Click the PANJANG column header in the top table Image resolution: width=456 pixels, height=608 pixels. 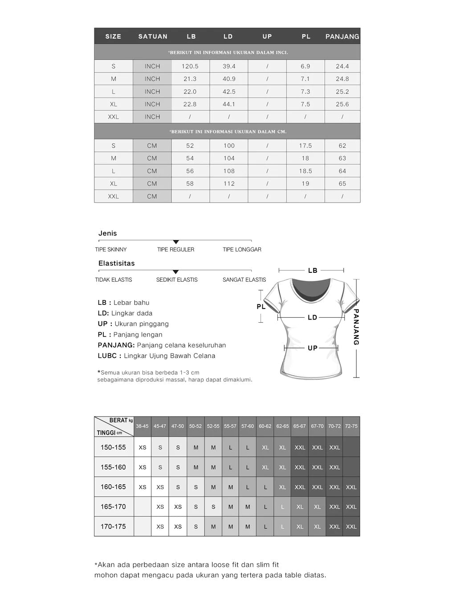(x=342, y=36)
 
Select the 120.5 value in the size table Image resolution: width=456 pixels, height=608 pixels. (x=190, y=66)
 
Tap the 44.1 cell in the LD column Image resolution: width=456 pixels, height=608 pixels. (x=229, y=104)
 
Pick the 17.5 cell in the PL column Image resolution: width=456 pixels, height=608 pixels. (x=305, y=146)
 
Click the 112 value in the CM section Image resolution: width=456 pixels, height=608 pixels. (x=229, y=183)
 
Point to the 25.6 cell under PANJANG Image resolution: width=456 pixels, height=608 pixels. (x=342, y=104)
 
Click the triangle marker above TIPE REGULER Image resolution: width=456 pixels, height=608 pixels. (x=175, y=242)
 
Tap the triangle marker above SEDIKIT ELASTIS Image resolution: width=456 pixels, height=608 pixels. (x=175, y=272)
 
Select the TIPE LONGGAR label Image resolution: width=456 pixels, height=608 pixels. (x=242, y=250)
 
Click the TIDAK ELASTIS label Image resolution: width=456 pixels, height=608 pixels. (x=114, y=280)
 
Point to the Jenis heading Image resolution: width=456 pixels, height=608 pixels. (x=108, y=233)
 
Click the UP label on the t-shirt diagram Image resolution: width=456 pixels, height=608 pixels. (x=313, y=348)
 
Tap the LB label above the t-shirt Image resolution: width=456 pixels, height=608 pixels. (x=313, y=271)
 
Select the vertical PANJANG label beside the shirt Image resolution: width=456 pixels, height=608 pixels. (x=356, y=327)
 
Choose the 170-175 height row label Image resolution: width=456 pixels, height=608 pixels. (x=113, y=527)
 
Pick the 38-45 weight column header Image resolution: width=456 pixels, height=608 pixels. (x=142, y=426)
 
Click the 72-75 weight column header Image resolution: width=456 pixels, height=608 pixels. (x=351, y=426)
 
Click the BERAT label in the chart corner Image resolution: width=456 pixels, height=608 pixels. (x=118, y=421)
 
